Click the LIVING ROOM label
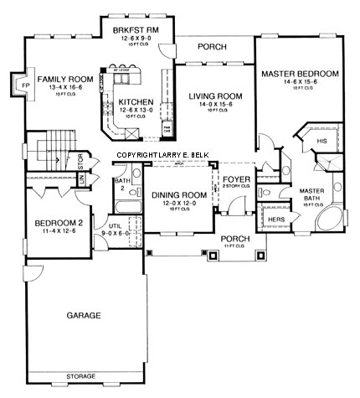click(215, 96)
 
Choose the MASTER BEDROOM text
click(300, 74)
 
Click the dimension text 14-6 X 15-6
click(300, 82)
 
